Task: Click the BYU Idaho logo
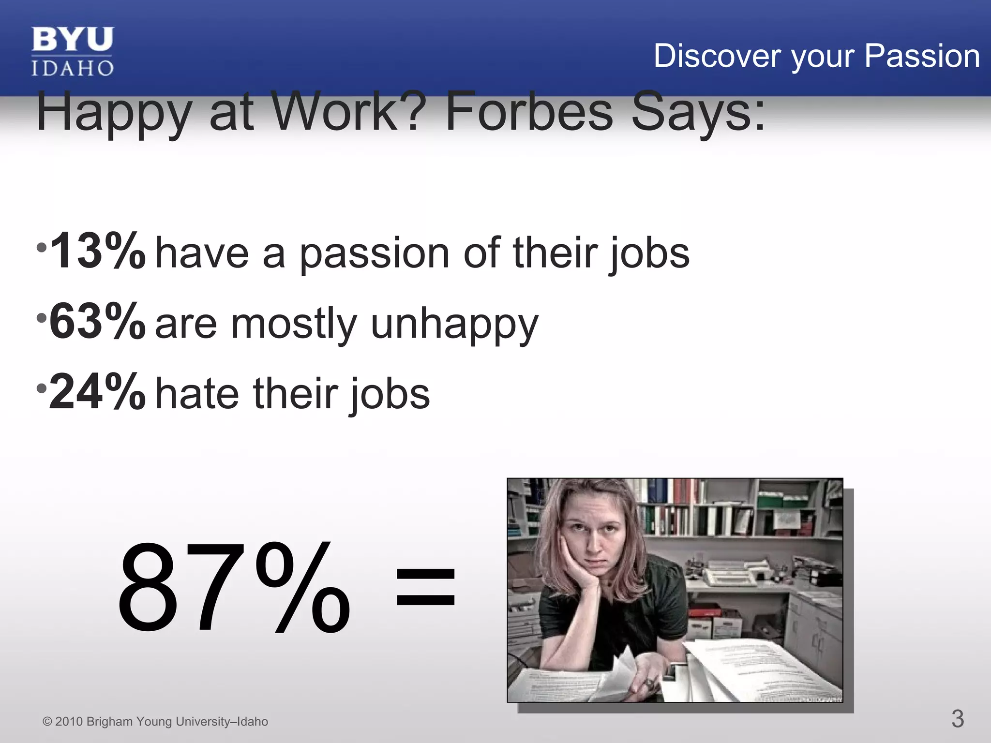73,51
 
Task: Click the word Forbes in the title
529,112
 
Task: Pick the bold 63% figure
97,321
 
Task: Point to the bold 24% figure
97,392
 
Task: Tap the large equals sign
425,587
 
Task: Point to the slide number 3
957,718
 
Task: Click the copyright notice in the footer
155,721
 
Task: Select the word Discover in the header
718,56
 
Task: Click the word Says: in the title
698,112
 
